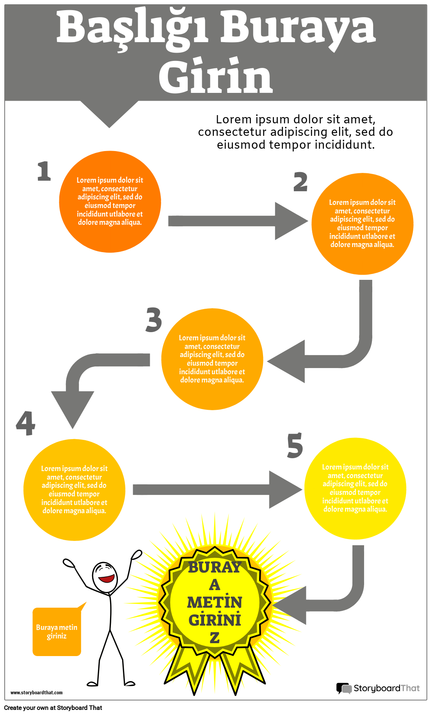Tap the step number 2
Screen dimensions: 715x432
pos(300,182)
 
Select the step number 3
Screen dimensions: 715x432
pos(154,320)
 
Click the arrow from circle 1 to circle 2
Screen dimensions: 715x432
pos(238,221)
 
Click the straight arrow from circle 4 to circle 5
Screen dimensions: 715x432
pos(219,489)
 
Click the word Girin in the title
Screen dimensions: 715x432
pos(215,76)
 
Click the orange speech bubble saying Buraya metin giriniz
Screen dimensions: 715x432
pos(57,631)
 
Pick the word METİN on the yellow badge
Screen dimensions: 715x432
pos(215,603)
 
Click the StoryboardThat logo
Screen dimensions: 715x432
pos(378,688)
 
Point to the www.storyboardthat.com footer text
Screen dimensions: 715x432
pos(36,693)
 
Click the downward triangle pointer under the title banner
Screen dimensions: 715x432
pos(109,113)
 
